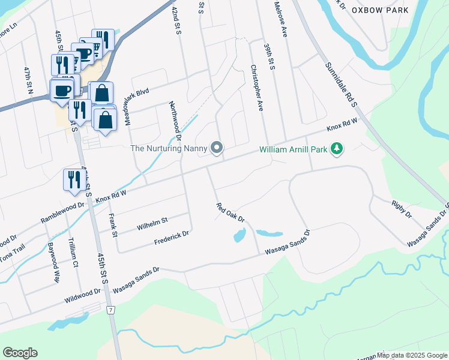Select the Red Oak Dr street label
(x=231, y=212)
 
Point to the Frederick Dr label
(x=172, y=238)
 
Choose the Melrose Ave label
(x=280, y=21)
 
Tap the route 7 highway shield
(x=110, y=310)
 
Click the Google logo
(x=20, y=353)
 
